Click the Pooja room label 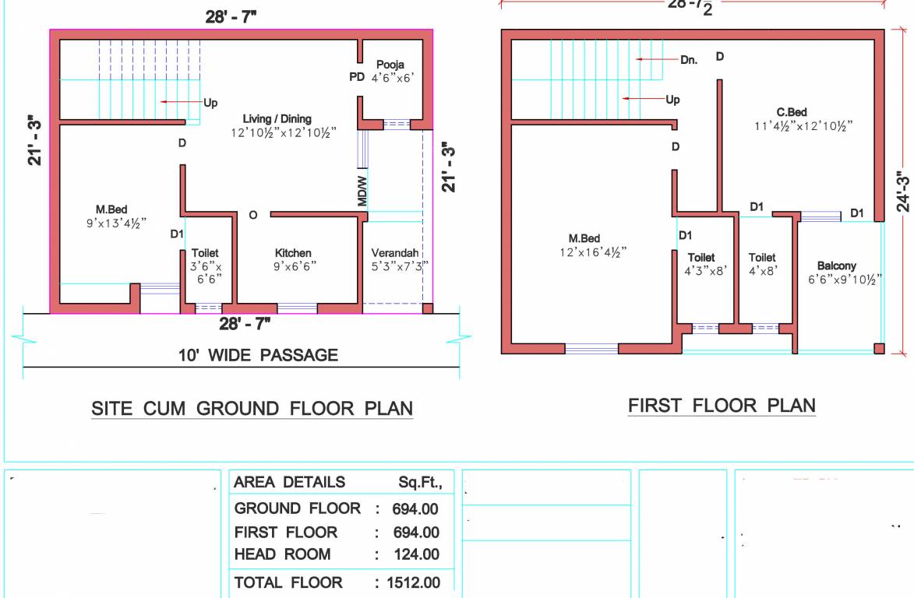coord(390,64)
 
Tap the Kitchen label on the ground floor coord(293,253)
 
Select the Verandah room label coord(394,253)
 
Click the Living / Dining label coord(277,119)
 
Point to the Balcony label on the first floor coord(836,266)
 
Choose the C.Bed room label coord(791,112)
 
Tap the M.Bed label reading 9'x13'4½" coord(111,209)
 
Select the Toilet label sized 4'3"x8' coord(701,258)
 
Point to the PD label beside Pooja coord(356,76)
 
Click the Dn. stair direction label coord(688,59)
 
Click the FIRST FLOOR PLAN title coord(722,406)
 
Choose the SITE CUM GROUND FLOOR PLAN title coord(252,409)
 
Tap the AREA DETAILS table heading coord(289,482)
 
